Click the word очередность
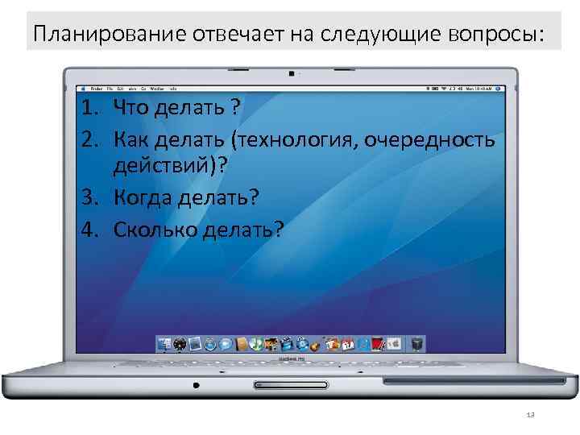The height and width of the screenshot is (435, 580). pos(429,140)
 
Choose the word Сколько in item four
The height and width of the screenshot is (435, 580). pos(151,230)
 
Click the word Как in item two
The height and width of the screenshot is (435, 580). pos(130,140)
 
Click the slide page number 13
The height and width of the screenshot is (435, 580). pos(529,414)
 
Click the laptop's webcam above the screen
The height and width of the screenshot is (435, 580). pos(290,73)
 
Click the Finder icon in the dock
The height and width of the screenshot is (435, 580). pos(164,345)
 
